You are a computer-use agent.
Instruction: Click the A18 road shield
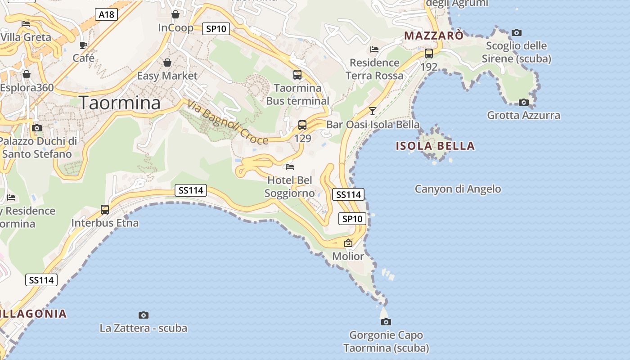point(107,15)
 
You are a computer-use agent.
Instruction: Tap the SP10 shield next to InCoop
point(216,29)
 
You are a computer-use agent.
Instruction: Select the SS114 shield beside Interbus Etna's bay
point(191,190)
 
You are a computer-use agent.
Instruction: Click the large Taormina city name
point(120,103)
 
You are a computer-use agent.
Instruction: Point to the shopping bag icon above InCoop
point(175,15)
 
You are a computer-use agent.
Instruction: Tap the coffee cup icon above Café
point(83,45)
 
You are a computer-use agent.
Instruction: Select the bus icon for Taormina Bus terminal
point(297,75)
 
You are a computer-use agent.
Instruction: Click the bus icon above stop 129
point(302,125)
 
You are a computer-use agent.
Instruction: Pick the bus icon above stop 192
point(429,54)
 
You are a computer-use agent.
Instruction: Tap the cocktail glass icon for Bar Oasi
point(373,111)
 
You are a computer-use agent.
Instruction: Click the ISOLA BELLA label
point(435,146)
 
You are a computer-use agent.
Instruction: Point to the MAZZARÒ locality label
point(434,36)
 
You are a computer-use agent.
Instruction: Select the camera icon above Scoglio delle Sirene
point(517,32)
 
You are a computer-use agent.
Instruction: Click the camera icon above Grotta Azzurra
point(524,102)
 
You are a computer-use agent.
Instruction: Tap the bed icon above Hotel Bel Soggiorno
point(290,167)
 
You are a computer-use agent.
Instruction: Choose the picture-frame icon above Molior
point(348,243)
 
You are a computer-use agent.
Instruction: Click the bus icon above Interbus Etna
point(105,209)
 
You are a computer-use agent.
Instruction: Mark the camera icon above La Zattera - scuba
point(144,315)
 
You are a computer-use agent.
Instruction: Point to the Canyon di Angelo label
point(458,189)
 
